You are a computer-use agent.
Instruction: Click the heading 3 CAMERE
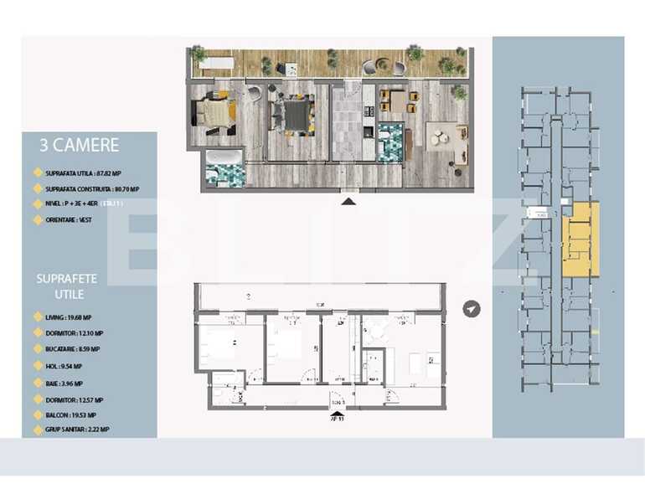80,145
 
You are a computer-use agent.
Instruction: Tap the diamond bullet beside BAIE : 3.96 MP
36,382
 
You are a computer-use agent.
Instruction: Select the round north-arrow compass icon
473,309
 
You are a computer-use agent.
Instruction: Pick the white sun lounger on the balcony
219,62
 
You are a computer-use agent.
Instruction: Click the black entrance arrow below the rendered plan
349,201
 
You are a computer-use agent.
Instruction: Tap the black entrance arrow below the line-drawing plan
336,413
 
